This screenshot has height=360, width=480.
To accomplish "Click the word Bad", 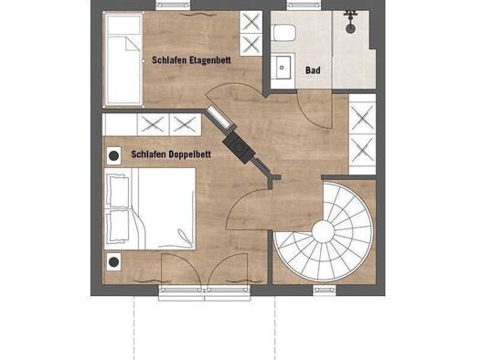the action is tap(313, 70).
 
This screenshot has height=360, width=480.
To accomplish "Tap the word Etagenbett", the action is tap(210, 60).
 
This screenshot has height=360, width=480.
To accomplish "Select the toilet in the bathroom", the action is tap(284, 33).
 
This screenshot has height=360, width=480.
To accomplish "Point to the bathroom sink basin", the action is tap(283, 67).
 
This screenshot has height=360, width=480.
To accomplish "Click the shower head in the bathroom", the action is tap(350, 28).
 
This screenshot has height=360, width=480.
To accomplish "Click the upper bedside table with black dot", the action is tap(114, 155).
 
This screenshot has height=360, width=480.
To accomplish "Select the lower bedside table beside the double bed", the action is tap(114, 262).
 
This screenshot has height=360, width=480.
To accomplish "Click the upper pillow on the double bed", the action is tap(119, 191).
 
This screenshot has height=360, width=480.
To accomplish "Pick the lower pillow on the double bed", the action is tap(119, 226).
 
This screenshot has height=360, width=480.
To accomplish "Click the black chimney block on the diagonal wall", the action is tap(239, 148).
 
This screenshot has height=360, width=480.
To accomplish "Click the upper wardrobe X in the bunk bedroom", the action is tap(251, 22).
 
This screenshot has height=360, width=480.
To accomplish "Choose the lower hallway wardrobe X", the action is tap(362, 150).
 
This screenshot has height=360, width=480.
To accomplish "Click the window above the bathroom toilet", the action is tap(304, 5).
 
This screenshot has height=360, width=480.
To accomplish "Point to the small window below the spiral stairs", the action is tap(325, 291).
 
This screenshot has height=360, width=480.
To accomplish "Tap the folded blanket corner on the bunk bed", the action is tap(131, 45).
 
